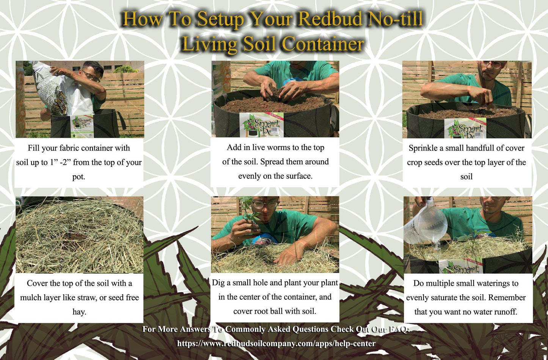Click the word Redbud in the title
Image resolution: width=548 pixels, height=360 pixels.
click(330, 19)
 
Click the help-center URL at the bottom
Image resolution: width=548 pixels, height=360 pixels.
click(276, 343)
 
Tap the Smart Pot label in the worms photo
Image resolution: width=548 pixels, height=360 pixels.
click(261, 125)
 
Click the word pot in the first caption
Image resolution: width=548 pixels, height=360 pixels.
click(77, 177)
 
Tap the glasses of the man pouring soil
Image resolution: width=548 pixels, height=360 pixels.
click(91, 76)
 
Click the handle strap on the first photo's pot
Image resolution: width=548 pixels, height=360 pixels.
click(121, 120)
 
